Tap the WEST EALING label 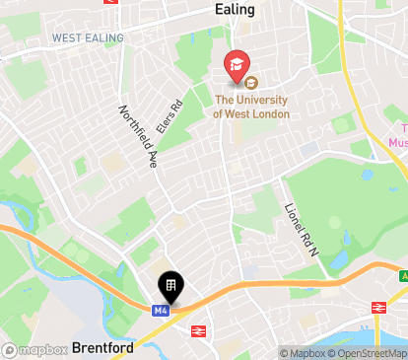click(89, 37)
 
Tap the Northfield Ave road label click(139, 138)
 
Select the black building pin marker click(170, 286)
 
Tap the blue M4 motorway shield click(161, 310)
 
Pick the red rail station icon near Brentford click(197, 331)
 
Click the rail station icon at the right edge click(377, 308)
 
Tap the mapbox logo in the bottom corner click(34, 349)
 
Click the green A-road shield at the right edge click(403, 276)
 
